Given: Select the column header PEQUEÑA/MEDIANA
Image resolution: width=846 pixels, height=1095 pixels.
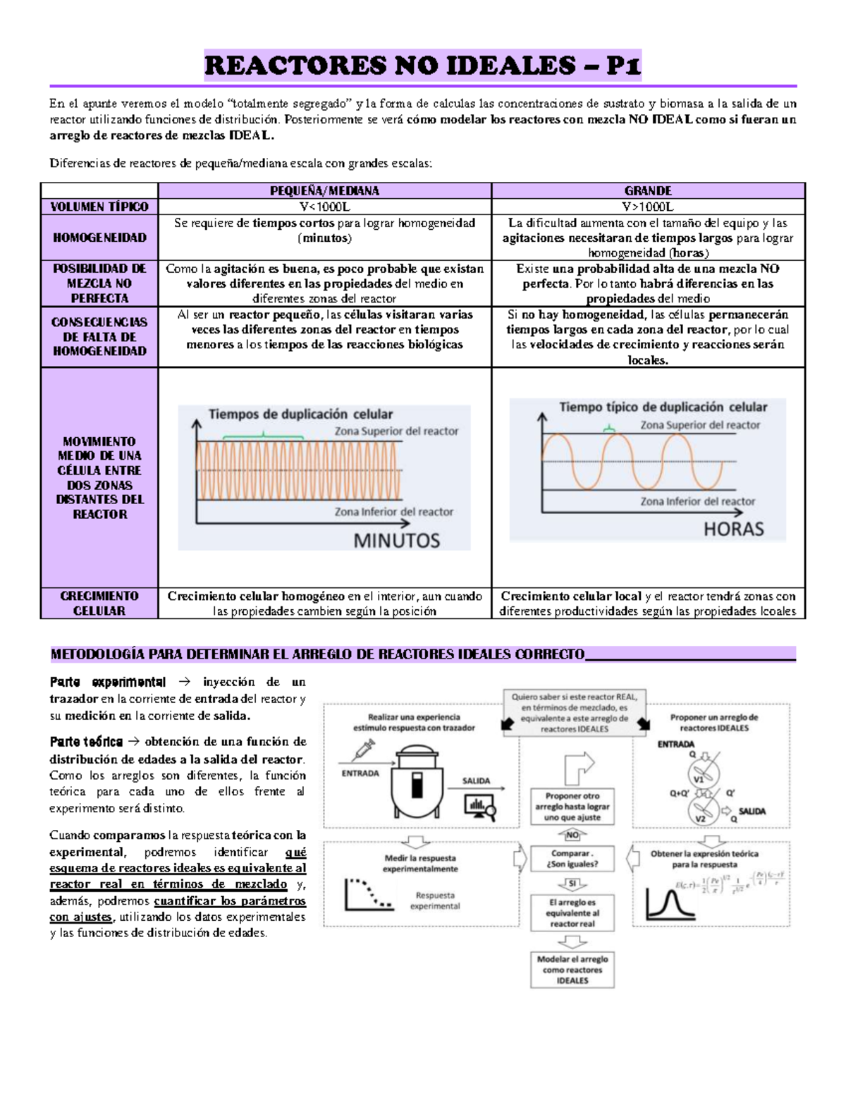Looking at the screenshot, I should (324, 190).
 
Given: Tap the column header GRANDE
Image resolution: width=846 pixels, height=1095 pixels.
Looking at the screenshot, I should (648, 190).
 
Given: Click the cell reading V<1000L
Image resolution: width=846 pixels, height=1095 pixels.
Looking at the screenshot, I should (324, 207).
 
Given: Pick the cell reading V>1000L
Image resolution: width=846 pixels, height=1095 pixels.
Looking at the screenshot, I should (648, 207).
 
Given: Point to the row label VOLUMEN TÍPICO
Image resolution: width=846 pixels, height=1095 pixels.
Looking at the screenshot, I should (99, 207).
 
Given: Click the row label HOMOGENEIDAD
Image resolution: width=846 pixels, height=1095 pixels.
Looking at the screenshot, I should (99, 238).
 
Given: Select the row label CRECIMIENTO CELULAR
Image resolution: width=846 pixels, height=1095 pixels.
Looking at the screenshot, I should (99, 604).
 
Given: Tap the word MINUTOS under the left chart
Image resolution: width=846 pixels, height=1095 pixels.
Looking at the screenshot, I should (396, 541).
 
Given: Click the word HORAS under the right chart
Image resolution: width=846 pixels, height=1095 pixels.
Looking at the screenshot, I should (733, 529).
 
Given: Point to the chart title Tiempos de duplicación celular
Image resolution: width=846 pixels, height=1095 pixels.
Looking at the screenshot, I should (300, 414).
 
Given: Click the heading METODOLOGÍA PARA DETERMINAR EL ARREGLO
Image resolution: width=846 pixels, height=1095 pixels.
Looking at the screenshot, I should (317, 654).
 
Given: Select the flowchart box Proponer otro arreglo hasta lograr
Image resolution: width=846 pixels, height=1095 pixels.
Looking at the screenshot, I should (572, 807).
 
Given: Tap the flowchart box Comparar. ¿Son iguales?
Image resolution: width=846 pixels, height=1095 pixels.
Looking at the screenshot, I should (572, 858).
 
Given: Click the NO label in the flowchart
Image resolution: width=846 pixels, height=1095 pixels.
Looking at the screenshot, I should (572, 835).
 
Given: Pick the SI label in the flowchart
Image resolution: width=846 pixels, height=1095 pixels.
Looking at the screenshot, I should (572, 883).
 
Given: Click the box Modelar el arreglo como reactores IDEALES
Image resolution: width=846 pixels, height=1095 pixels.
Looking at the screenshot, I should (572, 969).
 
